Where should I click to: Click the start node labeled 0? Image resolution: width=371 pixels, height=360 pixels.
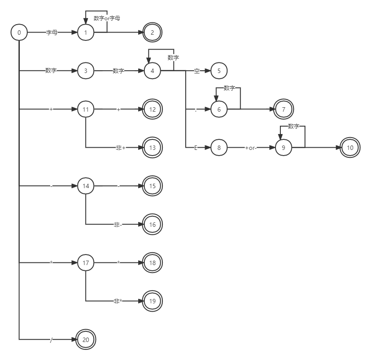tap(19, 33)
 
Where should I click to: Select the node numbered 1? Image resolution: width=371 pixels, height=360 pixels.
tap(86, 33)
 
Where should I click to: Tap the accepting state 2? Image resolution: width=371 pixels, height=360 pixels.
tap(152, 33)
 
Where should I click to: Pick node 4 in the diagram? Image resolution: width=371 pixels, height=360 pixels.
tap(152, 71)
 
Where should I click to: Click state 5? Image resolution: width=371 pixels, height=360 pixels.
tap(219, 71)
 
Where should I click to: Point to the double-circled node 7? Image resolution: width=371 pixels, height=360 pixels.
tap(283, 109)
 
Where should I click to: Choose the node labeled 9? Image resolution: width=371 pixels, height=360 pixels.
tap(283, 148)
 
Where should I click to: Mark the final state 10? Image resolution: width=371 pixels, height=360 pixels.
tap(350, 148)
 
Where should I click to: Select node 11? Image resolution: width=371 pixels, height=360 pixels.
tap(86, 109)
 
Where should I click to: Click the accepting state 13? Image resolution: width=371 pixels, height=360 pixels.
tap(152, 148)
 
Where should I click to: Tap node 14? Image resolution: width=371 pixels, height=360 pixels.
tap(86, 186)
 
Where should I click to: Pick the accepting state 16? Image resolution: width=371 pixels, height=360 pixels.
tap(152, 224)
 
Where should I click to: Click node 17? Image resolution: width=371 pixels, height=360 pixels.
tap(86, 263)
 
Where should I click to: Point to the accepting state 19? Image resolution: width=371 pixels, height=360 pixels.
tap(152, 301)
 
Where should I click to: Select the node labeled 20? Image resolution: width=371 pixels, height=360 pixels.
tap(86, 339)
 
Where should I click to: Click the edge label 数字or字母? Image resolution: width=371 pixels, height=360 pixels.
tap(107, 18)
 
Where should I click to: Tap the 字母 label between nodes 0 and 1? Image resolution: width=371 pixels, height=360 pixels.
tap(51, 33)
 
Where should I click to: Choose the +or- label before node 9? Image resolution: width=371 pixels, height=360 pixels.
tap(251, 148)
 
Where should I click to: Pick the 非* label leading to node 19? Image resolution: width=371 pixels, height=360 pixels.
tap(118, 301)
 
